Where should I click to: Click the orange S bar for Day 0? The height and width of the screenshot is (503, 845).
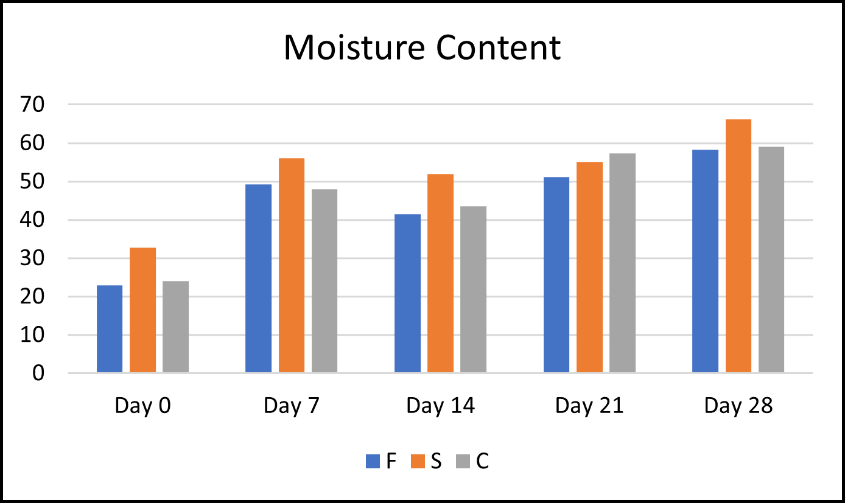142,310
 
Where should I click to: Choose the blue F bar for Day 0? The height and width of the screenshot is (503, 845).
110,329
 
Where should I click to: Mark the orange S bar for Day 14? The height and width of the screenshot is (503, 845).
440,273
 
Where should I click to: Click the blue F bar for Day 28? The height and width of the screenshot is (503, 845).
705,261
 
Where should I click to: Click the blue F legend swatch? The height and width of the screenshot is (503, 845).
373,462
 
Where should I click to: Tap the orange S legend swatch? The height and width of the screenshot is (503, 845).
418,462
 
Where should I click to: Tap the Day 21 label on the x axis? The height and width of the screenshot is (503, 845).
589,406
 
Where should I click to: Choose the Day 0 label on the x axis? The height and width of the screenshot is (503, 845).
142,406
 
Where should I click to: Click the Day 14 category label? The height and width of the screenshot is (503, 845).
440,406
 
